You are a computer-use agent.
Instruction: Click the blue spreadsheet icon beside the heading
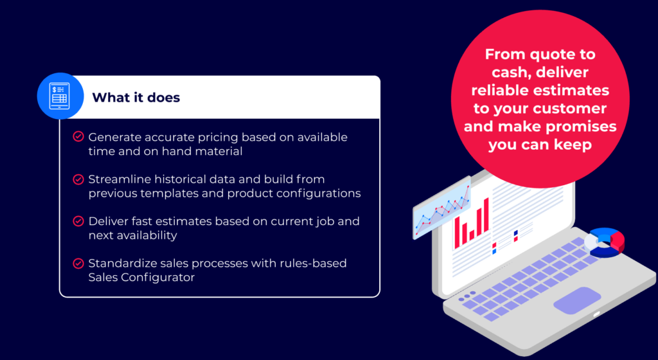[59, 97]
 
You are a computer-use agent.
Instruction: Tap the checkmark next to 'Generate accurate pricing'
[78, 137]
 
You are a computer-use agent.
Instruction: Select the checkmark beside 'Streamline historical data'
[78, 179]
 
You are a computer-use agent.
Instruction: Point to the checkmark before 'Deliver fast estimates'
[78, 221]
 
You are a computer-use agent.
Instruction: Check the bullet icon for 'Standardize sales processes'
[78, 263]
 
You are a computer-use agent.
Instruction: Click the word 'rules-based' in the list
[316, 264]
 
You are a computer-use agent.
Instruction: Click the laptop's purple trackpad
[577, 300]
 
